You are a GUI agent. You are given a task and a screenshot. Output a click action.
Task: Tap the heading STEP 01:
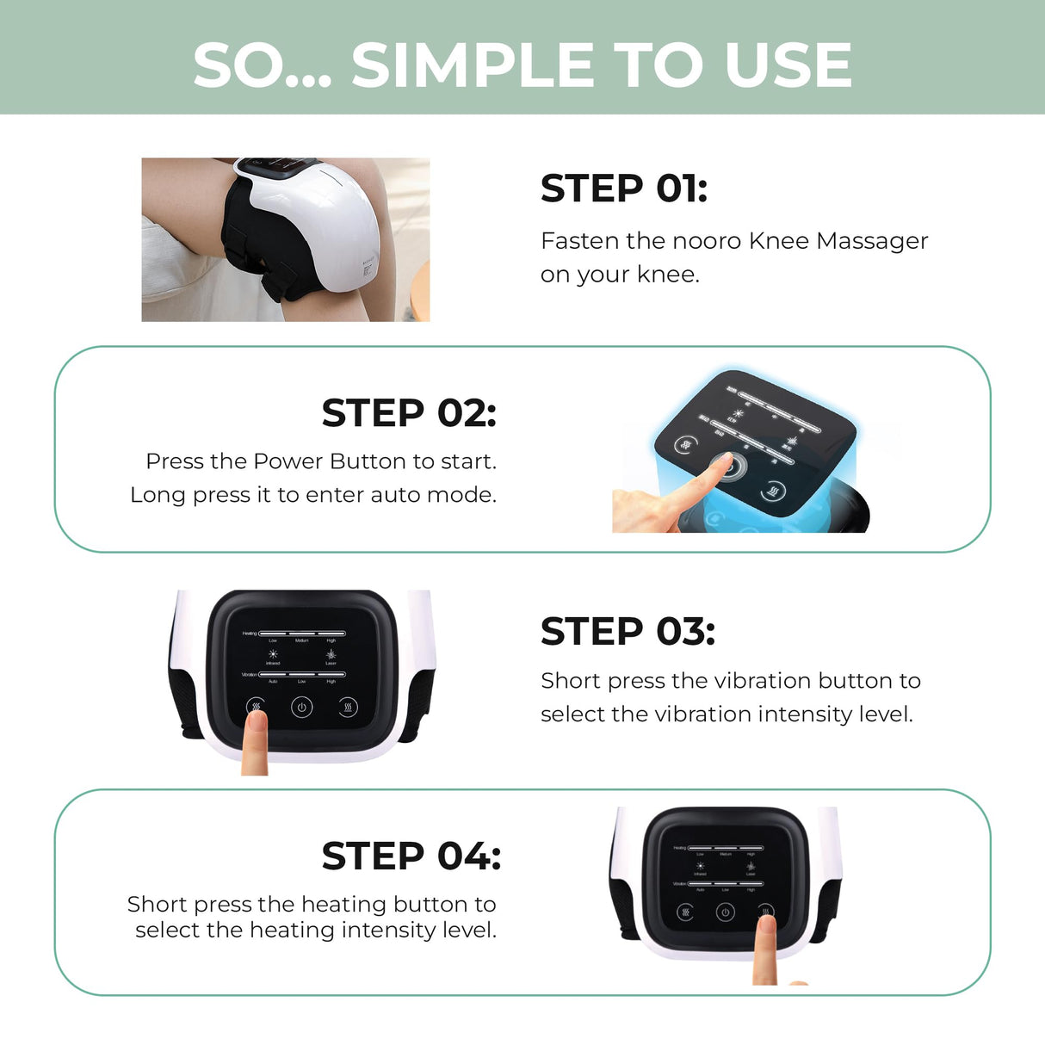point(623,189)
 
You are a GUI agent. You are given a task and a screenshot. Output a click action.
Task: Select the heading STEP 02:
point(409,413)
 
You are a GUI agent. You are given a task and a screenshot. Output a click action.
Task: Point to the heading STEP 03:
point(628,632)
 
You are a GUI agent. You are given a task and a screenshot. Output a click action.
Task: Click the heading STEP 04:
point(411,856)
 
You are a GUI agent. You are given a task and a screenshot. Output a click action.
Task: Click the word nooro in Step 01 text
point(706,241)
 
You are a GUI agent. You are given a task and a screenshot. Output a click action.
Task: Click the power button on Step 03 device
point(301,708)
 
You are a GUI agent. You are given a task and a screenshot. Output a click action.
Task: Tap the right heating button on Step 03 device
point(348,708)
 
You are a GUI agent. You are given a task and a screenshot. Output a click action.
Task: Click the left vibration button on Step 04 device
point(685,912)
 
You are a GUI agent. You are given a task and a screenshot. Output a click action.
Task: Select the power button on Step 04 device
point(725,912)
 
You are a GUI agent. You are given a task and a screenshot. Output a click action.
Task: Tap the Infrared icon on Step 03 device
point(273,654)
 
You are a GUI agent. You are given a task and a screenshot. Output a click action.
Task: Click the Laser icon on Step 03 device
point(331,654)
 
